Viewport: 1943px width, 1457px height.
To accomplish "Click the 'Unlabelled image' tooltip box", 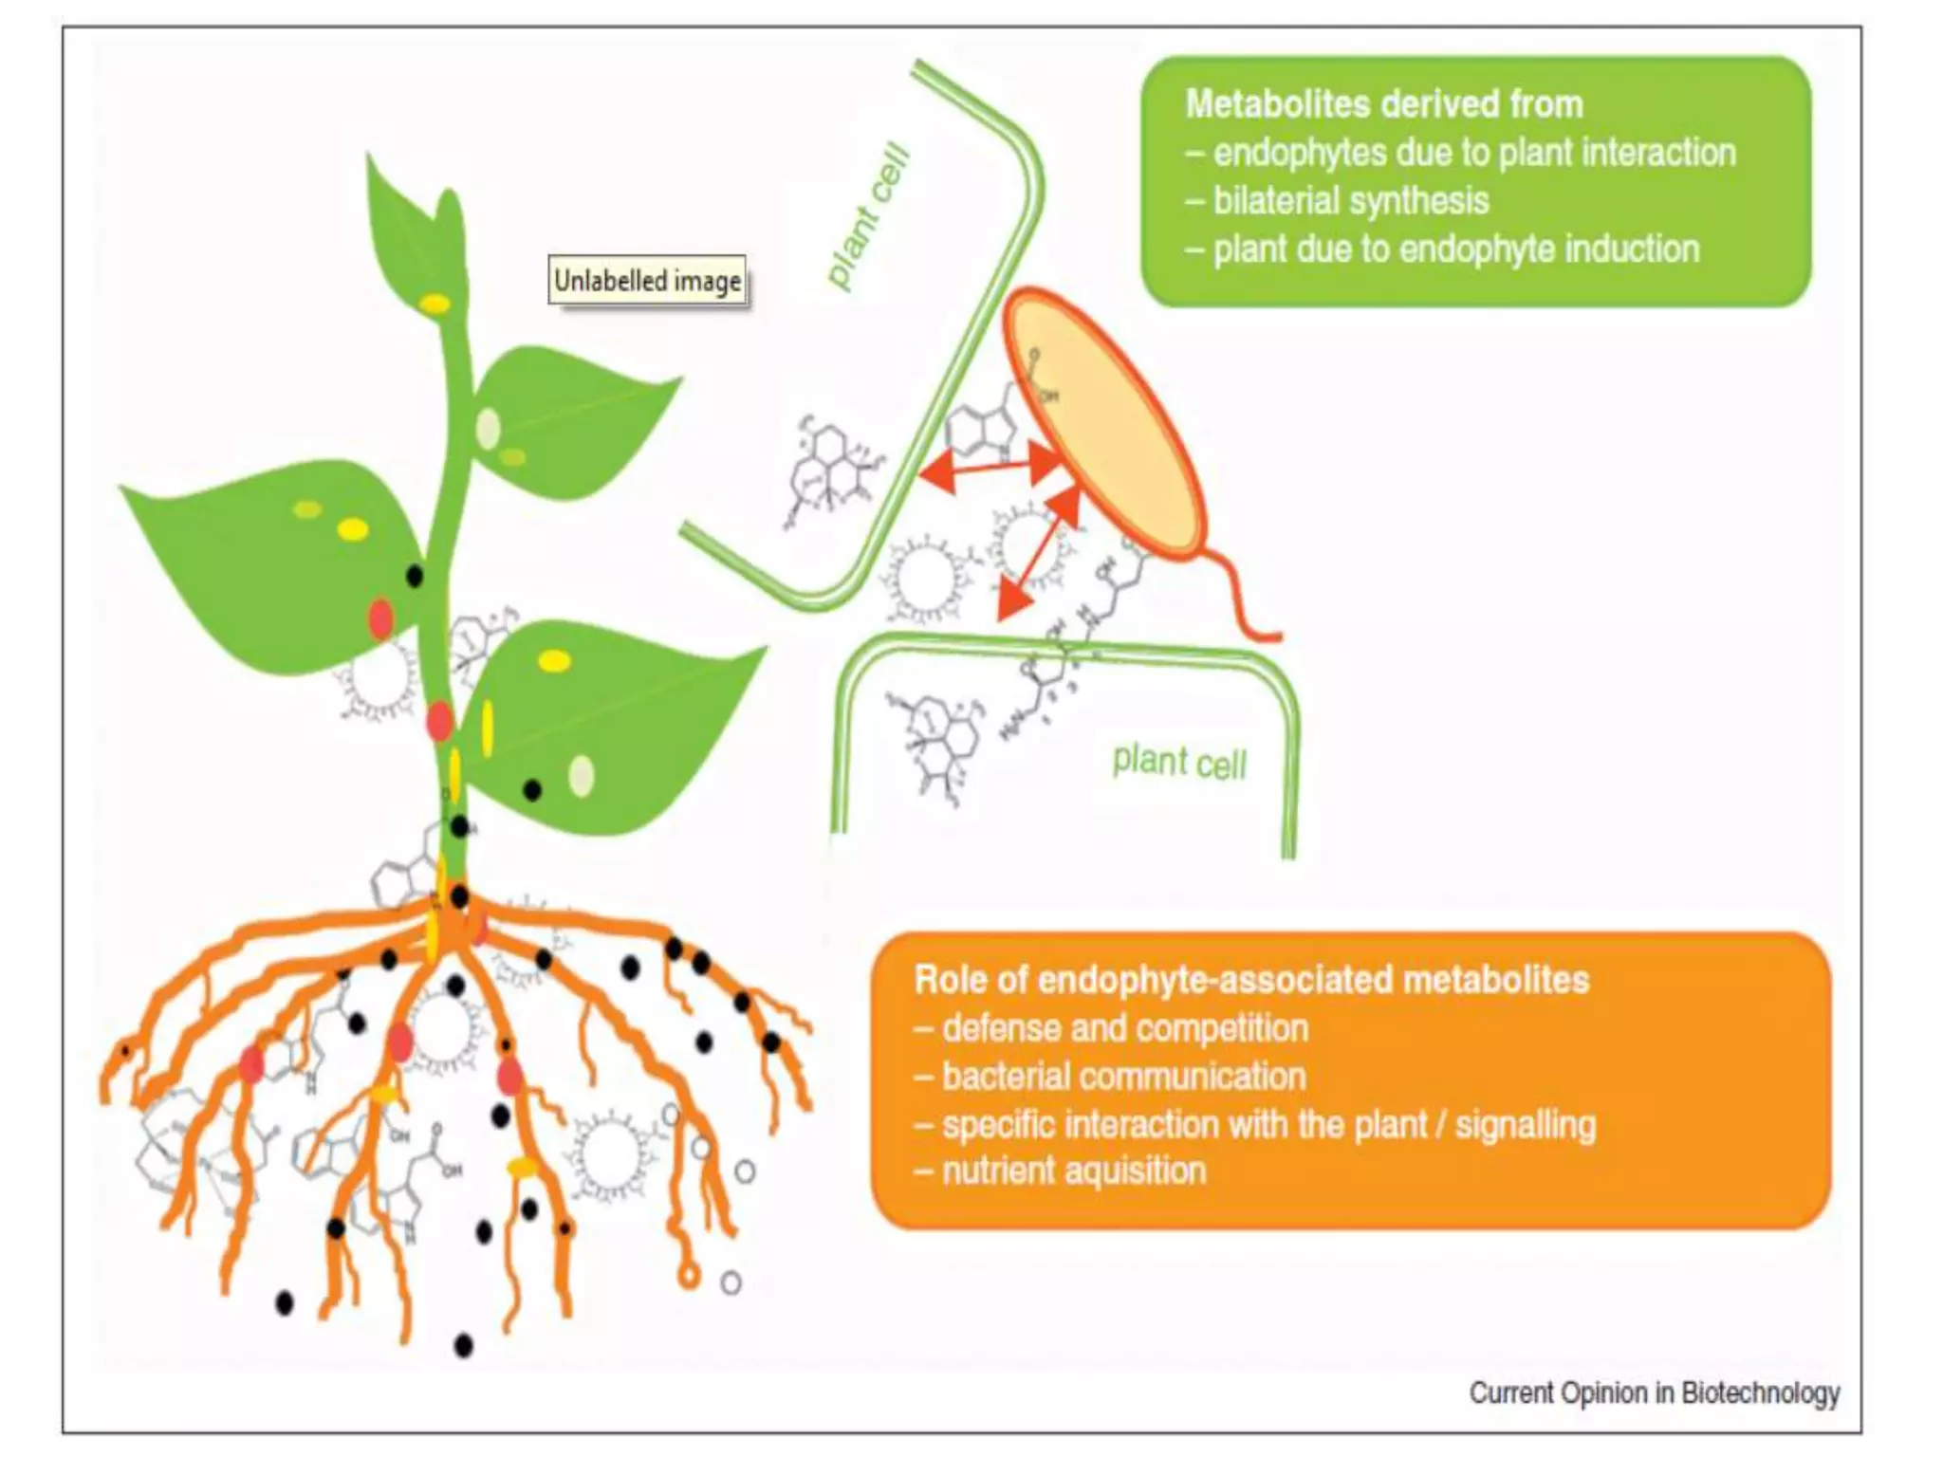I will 648,281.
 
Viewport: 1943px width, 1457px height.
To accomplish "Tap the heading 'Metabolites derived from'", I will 1384,104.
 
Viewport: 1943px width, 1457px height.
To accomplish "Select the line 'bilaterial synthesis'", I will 1350,201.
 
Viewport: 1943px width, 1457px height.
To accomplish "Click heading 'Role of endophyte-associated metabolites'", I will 1251,980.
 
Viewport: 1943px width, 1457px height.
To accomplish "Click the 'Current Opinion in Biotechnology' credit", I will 1654,1393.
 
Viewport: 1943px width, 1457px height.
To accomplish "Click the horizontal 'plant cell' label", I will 1179,762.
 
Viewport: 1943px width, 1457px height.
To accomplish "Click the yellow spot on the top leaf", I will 435,304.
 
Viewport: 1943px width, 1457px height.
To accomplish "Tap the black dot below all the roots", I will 463,1345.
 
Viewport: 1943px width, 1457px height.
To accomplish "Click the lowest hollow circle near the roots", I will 731,1283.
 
